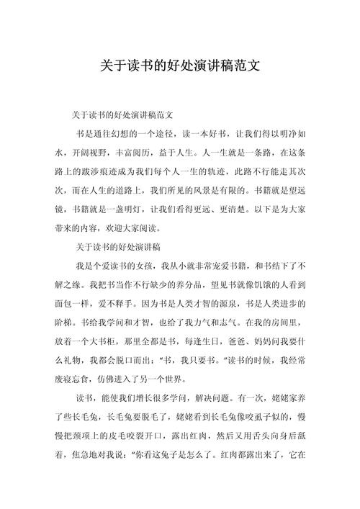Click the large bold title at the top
180,66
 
